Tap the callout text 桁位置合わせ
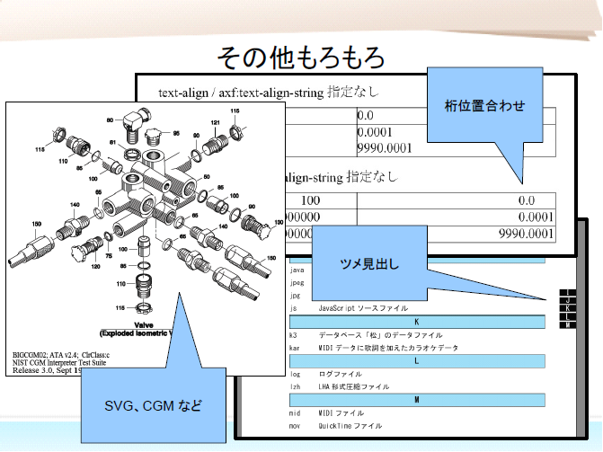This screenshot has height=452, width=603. pyautogui.click(x=484, y=106)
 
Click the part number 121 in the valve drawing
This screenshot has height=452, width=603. pyautogui.click(x=216, y=122)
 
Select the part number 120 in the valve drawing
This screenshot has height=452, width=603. pyautogui.click(x=93, y=266)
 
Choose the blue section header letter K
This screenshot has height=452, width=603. pyautogui.click(x=415, y=321)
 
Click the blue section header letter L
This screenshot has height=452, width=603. pyautogui.click(x=415, y=360)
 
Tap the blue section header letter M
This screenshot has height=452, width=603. pyautogui.click(x=415, y=399)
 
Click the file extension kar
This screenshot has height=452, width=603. pyautogui.click(x=295, y=347)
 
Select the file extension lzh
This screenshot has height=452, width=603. pyautogui.click(x=295, y=386)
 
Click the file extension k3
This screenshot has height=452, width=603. pyautogui.click(x=293, y=334)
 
